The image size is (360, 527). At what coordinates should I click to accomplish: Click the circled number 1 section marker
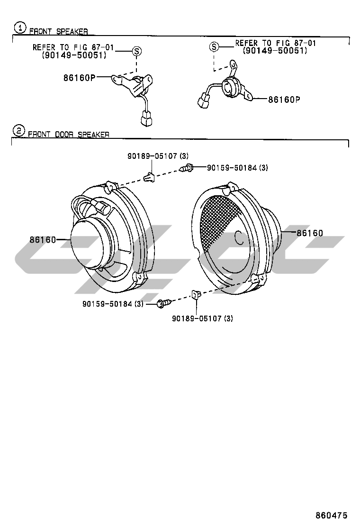(x=20, y=27)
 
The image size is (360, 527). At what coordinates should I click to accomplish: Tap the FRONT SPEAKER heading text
(x=59, y=32)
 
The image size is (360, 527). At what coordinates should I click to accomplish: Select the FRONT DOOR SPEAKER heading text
(x=69, y=135)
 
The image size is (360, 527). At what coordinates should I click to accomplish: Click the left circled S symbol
(x=136, y=51)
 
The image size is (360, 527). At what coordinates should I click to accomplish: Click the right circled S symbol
(x=214, y=46)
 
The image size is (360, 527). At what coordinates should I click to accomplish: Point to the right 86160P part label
(x=284, y=100)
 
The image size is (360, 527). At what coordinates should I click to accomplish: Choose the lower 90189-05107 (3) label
(x=202, y=318)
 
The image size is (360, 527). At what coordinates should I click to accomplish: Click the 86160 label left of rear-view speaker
(x=43, y=240)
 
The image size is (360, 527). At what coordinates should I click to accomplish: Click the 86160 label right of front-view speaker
(x=310, y=233)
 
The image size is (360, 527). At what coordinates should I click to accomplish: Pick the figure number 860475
(x=332, y=515)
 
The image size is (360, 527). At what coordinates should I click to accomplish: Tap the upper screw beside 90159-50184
(x=188, y=167)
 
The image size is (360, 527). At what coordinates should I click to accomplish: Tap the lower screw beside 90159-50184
(x=163, y=303)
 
